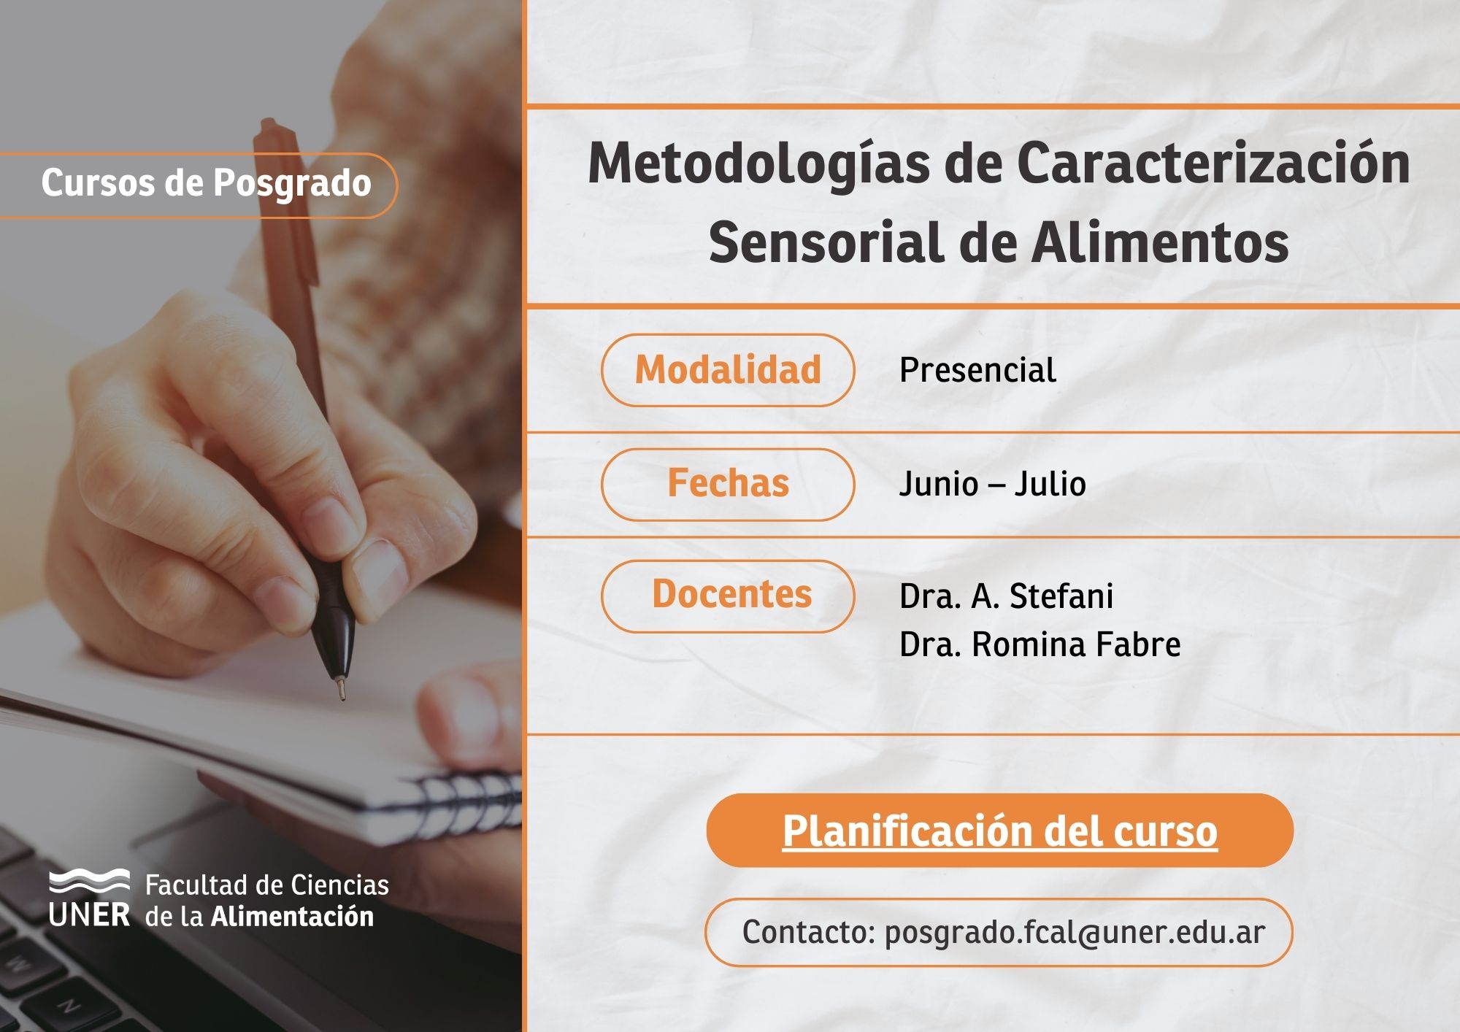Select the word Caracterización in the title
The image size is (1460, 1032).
(1213, 163)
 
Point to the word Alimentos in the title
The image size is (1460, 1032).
(1160, 242)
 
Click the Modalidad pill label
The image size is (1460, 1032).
(728, 370)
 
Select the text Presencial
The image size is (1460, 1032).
(977, 370)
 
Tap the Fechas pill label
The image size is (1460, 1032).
(728, 484)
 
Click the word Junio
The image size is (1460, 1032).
(938, 484)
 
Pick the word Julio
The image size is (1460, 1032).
(1050, 484)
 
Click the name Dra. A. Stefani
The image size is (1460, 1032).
(1006, 596)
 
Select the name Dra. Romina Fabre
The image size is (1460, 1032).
(1040, 644)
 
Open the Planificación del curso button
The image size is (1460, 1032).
(999, 831)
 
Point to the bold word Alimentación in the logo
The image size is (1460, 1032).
(292, 917)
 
